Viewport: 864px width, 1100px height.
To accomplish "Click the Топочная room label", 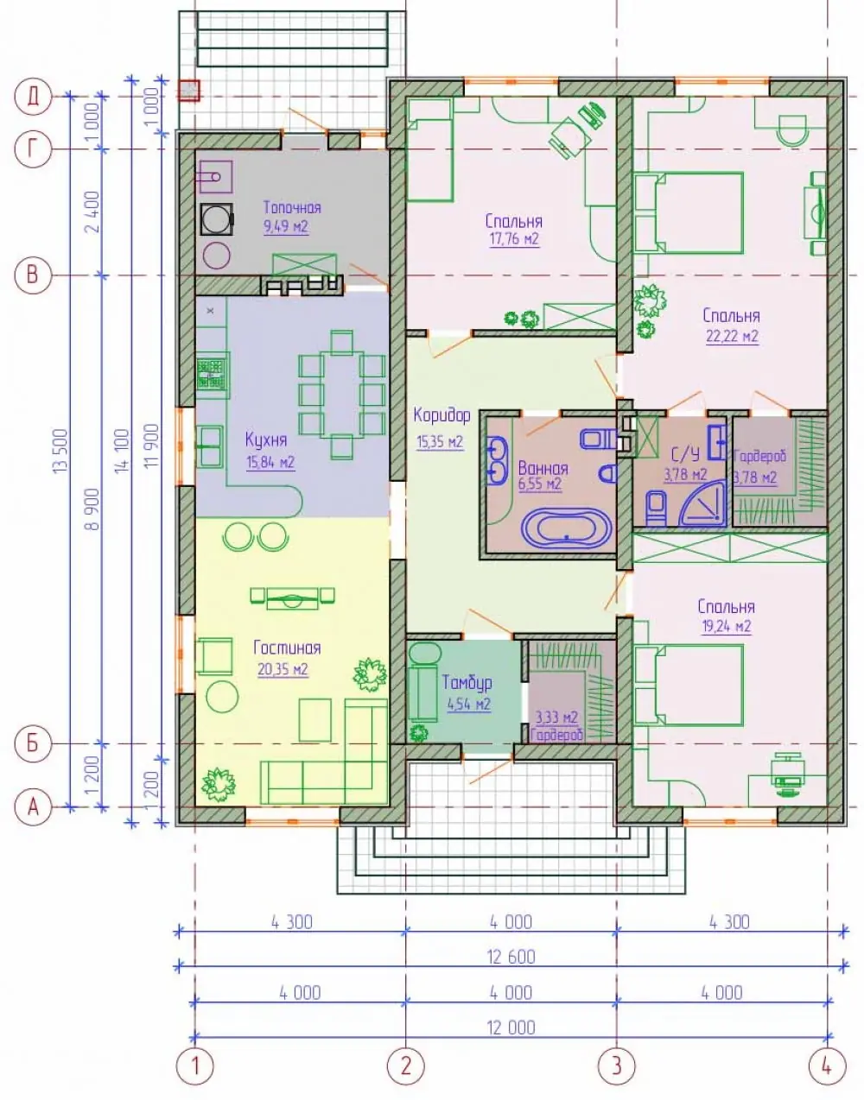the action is click(x=292, y=207).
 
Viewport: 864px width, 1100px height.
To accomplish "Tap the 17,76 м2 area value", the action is click(x=514, y=238).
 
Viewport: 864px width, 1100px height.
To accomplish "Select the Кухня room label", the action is click(x=266, y=439).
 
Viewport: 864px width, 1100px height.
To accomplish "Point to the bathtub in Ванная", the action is click(x=566, y=528).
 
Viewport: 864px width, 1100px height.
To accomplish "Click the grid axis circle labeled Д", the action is click(x=34, y=96).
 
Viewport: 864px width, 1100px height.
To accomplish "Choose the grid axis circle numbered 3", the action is click(x=616, y=1066).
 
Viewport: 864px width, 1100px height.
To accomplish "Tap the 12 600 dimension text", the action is click(x=511, y=958).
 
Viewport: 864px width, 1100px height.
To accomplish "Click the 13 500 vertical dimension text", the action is click(x=60, y=451).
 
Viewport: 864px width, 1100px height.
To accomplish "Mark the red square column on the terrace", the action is click(x=189, y=91).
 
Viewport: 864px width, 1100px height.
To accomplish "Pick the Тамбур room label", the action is click(x=467, y=682).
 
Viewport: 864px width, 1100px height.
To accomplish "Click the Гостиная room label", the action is click(x=287, y=648).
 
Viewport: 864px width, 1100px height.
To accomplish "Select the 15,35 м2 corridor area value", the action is click(x=440, y=441).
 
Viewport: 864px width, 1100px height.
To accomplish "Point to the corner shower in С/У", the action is click(x=702, y=501).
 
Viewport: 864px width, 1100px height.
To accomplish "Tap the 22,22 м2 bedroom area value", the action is click(x=733, y=336).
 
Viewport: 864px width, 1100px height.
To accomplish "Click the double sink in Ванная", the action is click(x=498, y=461).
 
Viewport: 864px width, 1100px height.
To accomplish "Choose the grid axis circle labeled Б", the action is click(x=34, y=743).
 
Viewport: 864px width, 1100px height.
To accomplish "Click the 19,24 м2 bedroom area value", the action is click(x=727, y=626).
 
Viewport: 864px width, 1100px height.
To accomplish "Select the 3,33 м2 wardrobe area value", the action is click(x=556, y=717).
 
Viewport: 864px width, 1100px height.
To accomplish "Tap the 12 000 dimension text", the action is click(x=511, y=1028).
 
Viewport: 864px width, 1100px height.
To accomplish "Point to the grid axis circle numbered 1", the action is click(x=195, y=1066).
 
